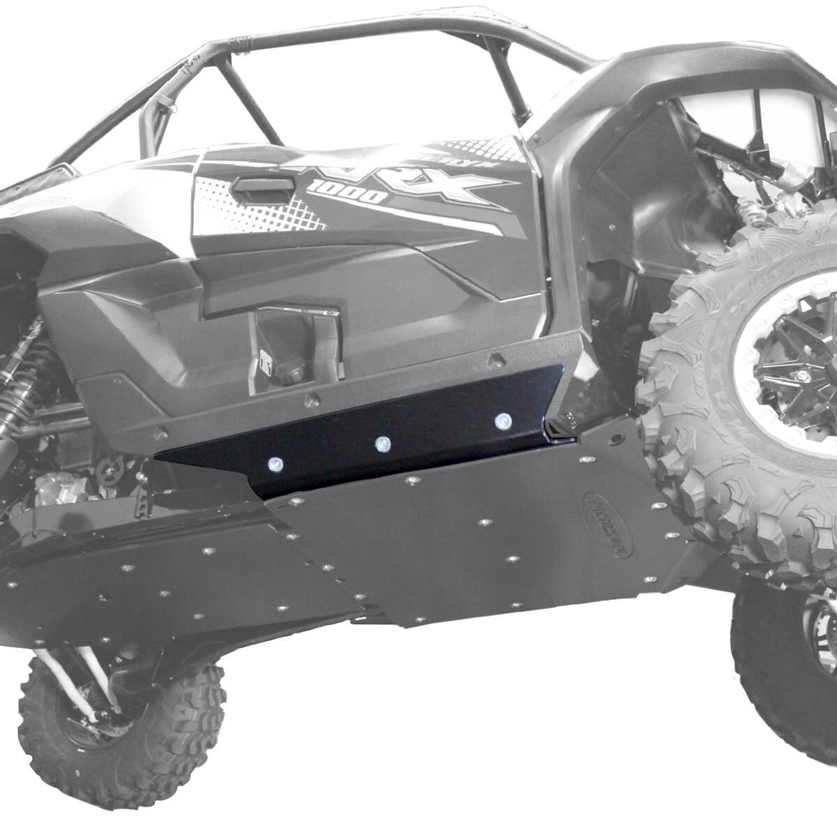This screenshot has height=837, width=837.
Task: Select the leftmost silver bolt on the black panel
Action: (274, 464)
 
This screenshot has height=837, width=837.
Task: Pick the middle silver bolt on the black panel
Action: (382, 444)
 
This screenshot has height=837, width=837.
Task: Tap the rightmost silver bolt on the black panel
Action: (502, 421)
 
